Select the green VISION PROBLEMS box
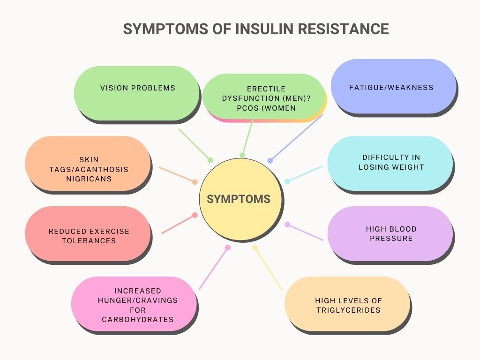137,93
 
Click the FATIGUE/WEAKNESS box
393,87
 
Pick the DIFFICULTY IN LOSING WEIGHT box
390,163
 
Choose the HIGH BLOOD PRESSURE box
390,233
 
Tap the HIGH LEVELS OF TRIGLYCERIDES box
347,305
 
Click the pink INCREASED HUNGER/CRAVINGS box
134,305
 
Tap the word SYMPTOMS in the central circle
239,199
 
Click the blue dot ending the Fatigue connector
270,161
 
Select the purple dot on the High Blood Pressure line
287,225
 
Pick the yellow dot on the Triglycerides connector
255,247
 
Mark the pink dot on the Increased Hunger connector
228,247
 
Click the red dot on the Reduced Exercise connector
195,215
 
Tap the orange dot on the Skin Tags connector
195,182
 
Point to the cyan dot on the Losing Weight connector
287,181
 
